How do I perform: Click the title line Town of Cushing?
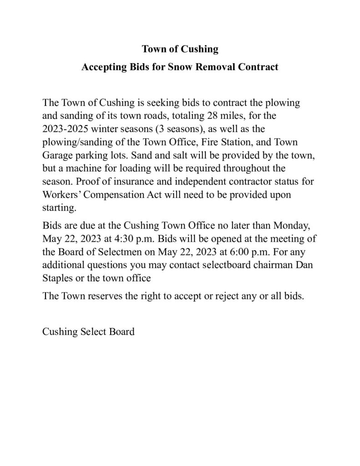[x=180, y=49]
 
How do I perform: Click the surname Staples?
[x=59, y=274]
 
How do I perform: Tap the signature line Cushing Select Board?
[x=88, y=331]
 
